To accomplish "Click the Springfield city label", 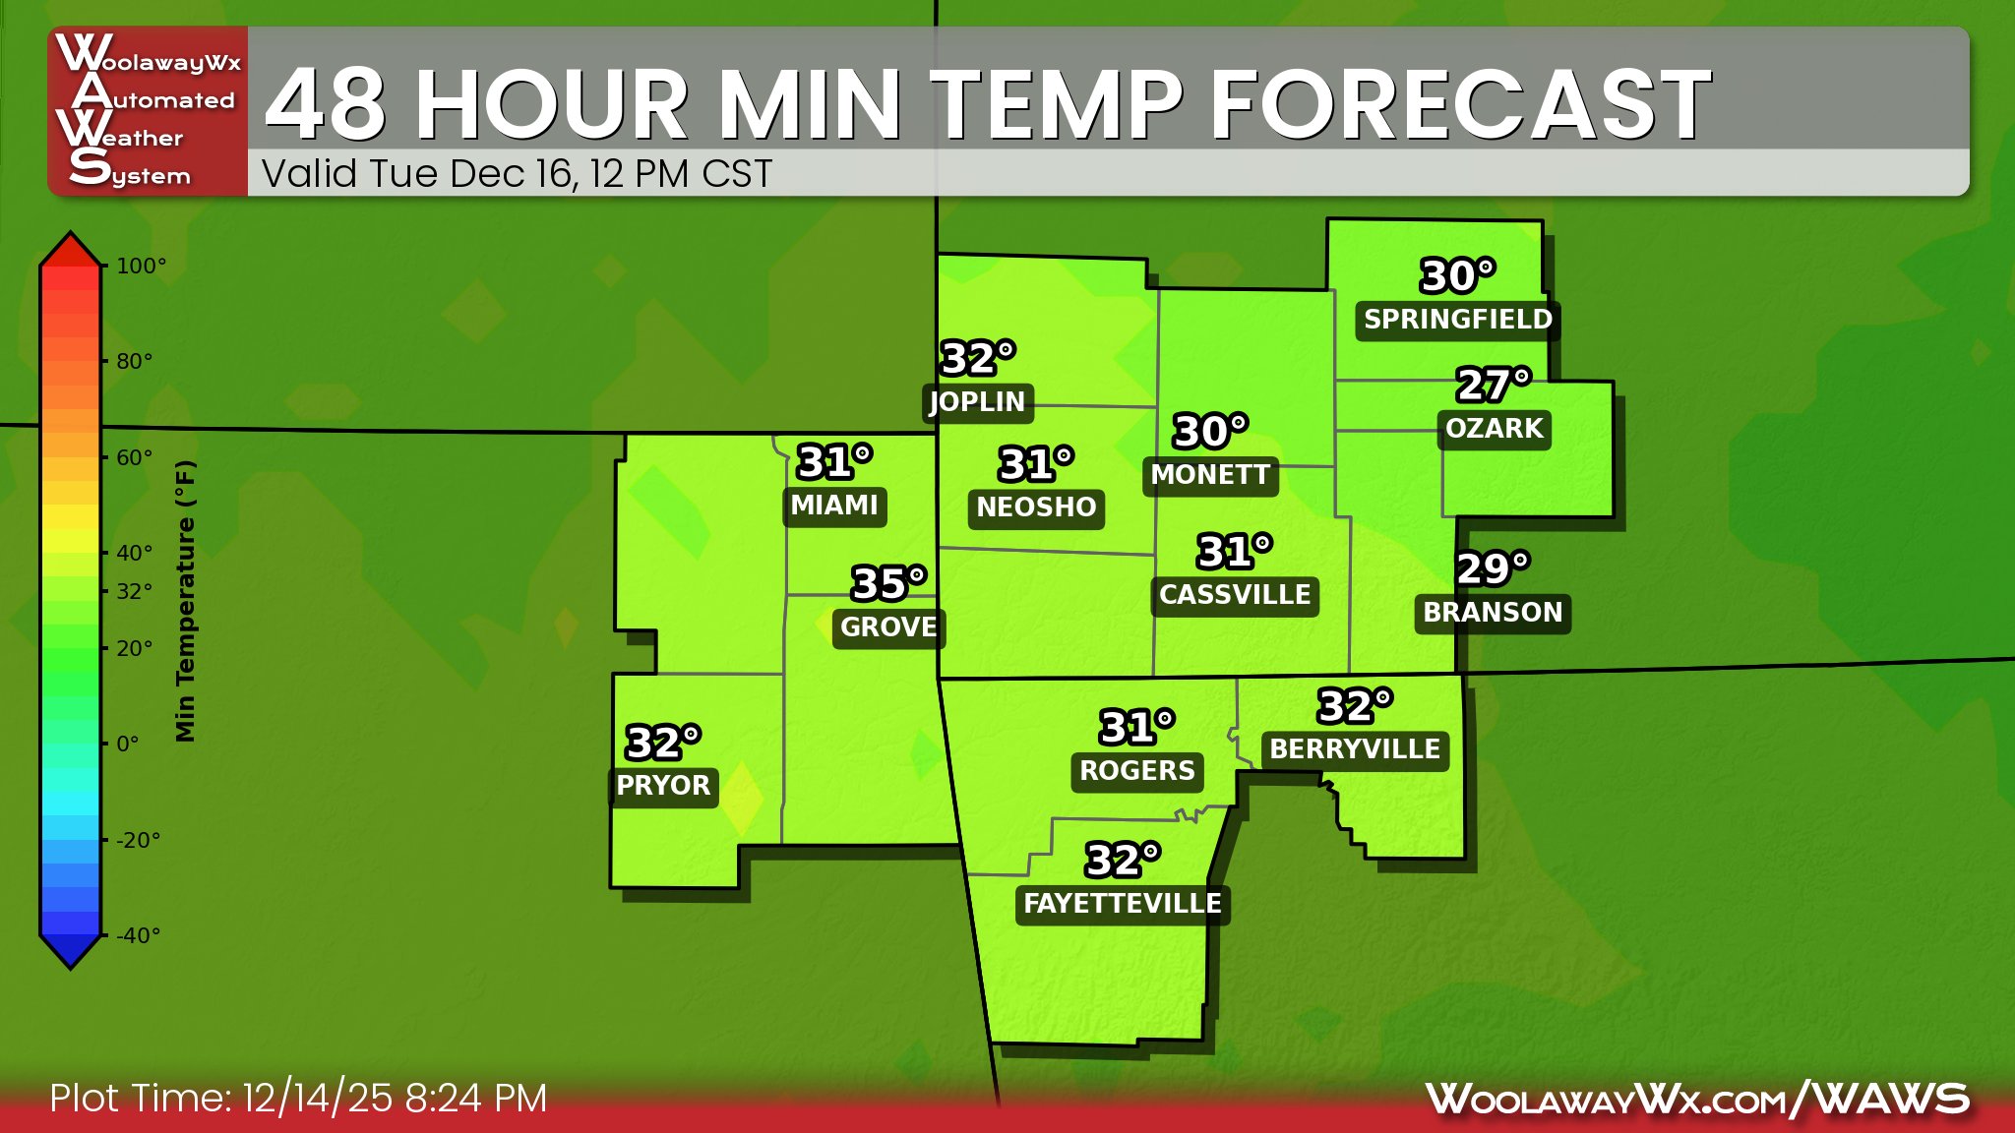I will [x=1457, y=320].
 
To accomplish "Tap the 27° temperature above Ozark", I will [x=1494, y=385].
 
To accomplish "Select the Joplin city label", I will [x=977, y=402].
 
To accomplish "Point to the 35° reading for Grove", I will [x=888, y=583].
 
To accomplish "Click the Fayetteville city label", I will [x=1122, y=904].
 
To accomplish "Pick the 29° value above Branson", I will [x=1493, y=568].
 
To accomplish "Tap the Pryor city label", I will [x=663, y=786].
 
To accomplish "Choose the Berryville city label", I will [x=1355, y=749].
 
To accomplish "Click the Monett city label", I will [x=1210, y=475].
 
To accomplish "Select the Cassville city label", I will [x=1235, y=595].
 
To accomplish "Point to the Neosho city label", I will [x=1036, y=507].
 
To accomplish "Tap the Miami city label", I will [x=834, y=506].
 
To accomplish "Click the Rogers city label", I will [x=1136, y=771].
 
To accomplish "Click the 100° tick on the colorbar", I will [x=141, y=266].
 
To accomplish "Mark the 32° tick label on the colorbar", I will [x=135, y=591].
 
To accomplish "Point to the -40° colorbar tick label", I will [x=138, y=935].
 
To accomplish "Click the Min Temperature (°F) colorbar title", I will [x=185, y=600].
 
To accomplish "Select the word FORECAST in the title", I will [x=1460, y=104].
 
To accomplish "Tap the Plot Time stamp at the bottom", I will [x=298, y=1099].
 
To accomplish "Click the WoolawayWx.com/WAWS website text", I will [x=1697, y=1099].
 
